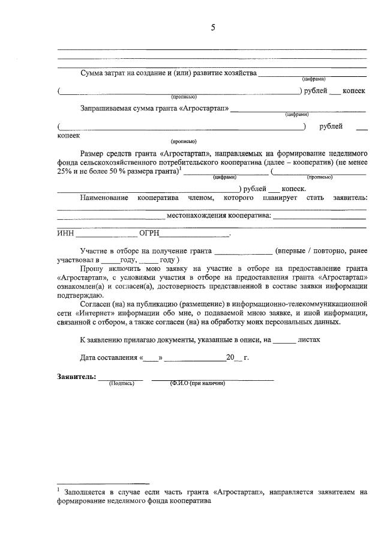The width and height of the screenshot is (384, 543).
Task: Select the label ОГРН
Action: tap(149, 234)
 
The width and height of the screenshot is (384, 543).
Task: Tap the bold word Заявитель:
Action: tap(76, 376)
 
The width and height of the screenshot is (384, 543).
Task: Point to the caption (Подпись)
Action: tap(121, 383)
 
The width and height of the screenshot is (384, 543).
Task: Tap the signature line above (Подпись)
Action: tap(121, 378)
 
